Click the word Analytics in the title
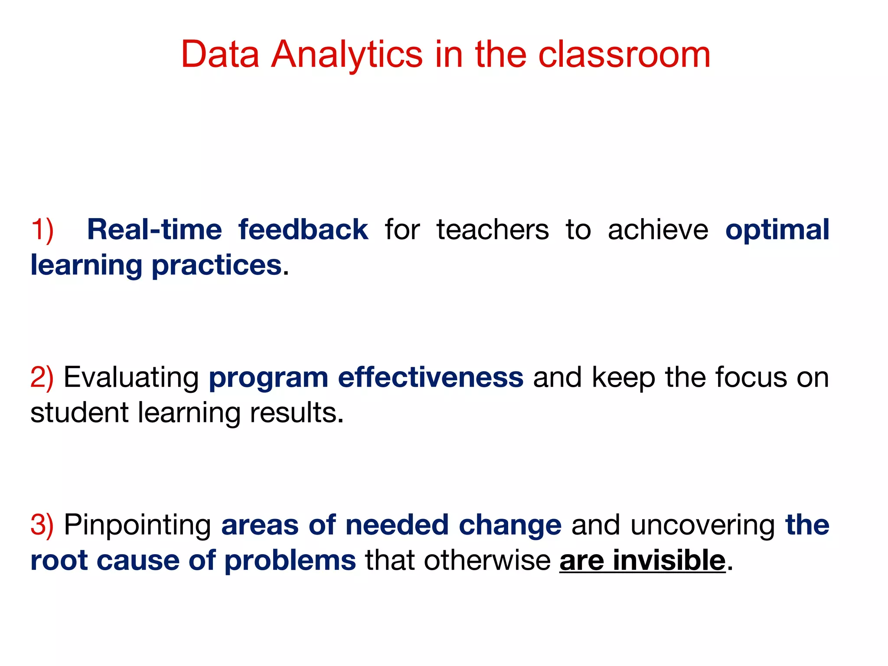[x=346, y=55]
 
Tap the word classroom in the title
[x=624, y=55]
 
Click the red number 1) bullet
[x=42, y=229]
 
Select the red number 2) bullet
[x=42, y=377]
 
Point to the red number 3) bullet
[x=42, y=525]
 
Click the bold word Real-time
[x=154, y=229]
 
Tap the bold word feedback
[x=303, y=229]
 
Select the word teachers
[x=493, y=229]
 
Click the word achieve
[x=658, y=229]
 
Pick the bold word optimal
[x=777, y=229]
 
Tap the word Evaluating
[x=131, y=377]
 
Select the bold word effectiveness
[x=431, y=377]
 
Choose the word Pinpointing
[x=137, y=525]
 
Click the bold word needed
[x=397, y=525]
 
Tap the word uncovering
[x=702, y=525]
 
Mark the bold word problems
[x=290, y=560]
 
